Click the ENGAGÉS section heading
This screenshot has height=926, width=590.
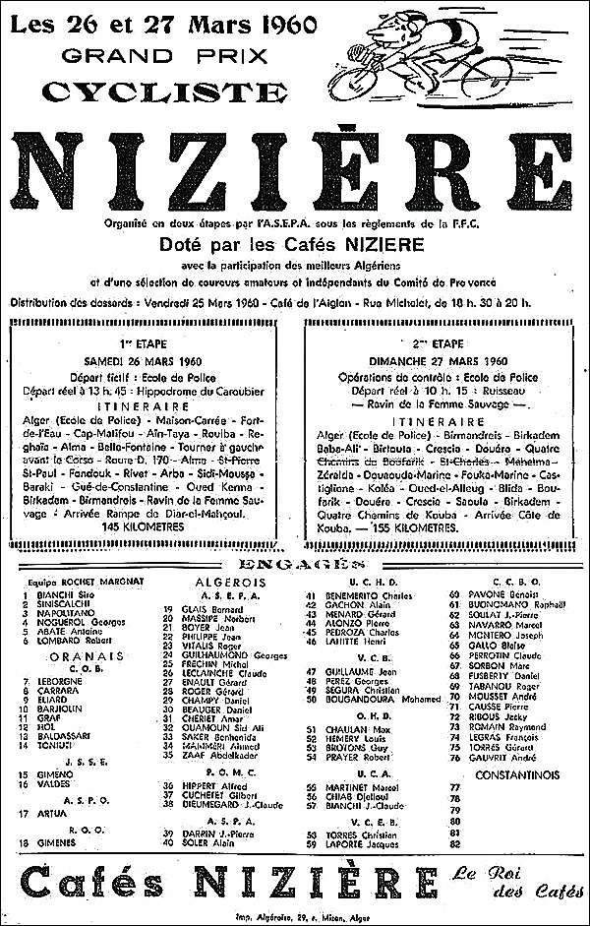(x=295, y=565)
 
